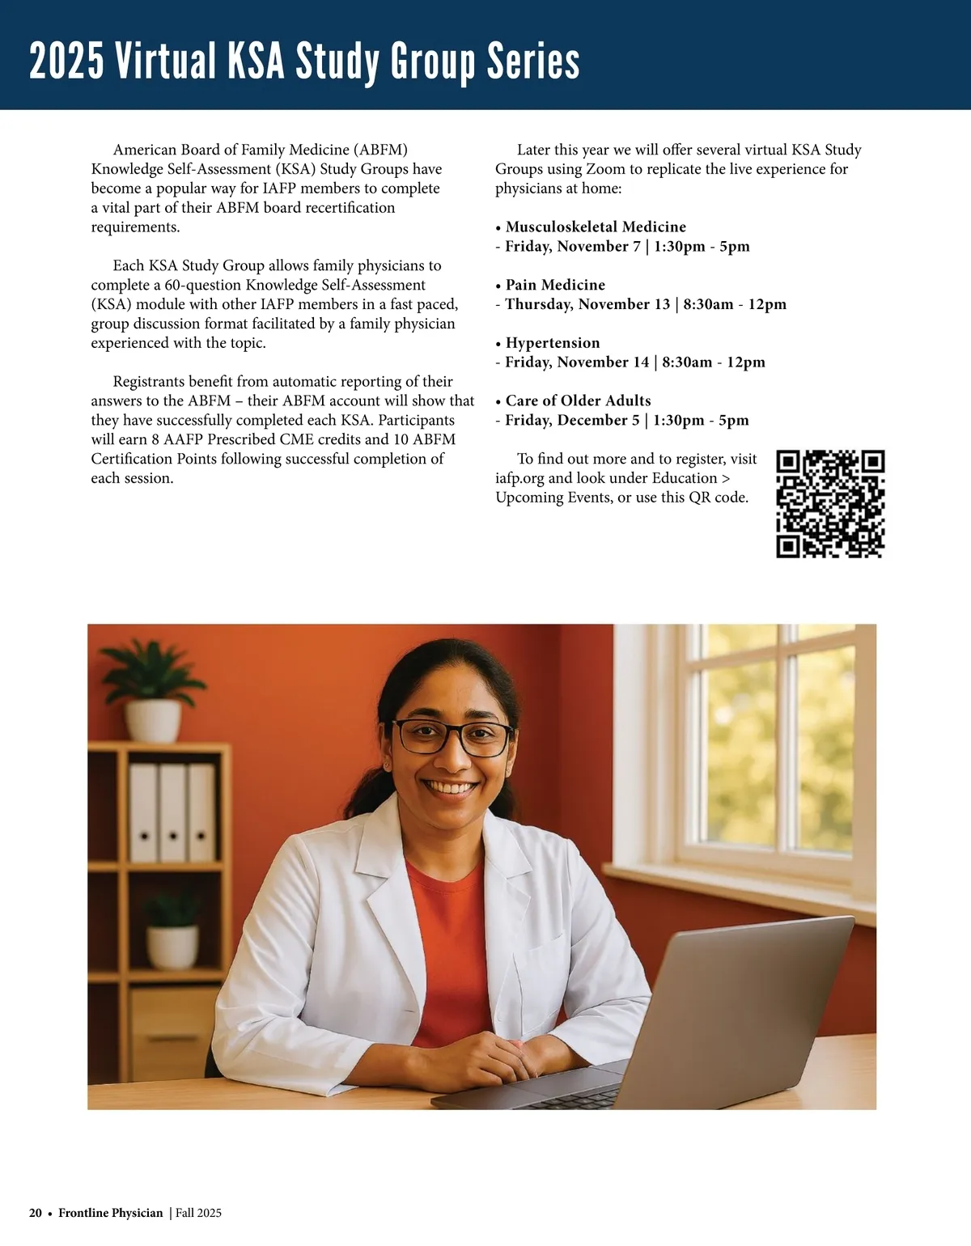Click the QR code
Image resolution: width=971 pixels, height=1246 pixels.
(830, 503)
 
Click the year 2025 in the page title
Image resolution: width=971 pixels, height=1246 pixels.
(66, 61)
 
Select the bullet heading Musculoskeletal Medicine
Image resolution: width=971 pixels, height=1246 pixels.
(596, 227)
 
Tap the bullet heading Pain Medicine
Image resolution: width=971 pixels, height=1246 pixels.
(555, 285)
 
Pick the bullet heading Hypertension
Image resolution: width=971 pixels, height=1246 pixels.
(553, 343)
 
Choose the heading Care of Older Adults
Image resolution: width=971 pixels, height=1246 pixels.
(578, 400)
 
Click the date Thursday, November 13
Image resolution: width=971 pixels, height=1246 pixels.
(587, 304)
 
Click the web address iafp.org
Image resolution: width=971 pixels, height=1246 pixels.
(519, 478)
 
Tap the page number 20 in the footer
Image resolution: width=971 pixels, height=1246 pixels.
(36, 1213)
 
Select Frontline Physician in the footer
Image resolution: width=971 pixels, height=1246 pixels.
(111, 1213)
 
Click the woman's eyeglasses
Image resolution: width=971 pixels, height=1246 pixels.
(452, 737)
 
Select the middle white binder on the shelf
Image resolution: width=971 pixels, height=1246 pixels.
(172, 812)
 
